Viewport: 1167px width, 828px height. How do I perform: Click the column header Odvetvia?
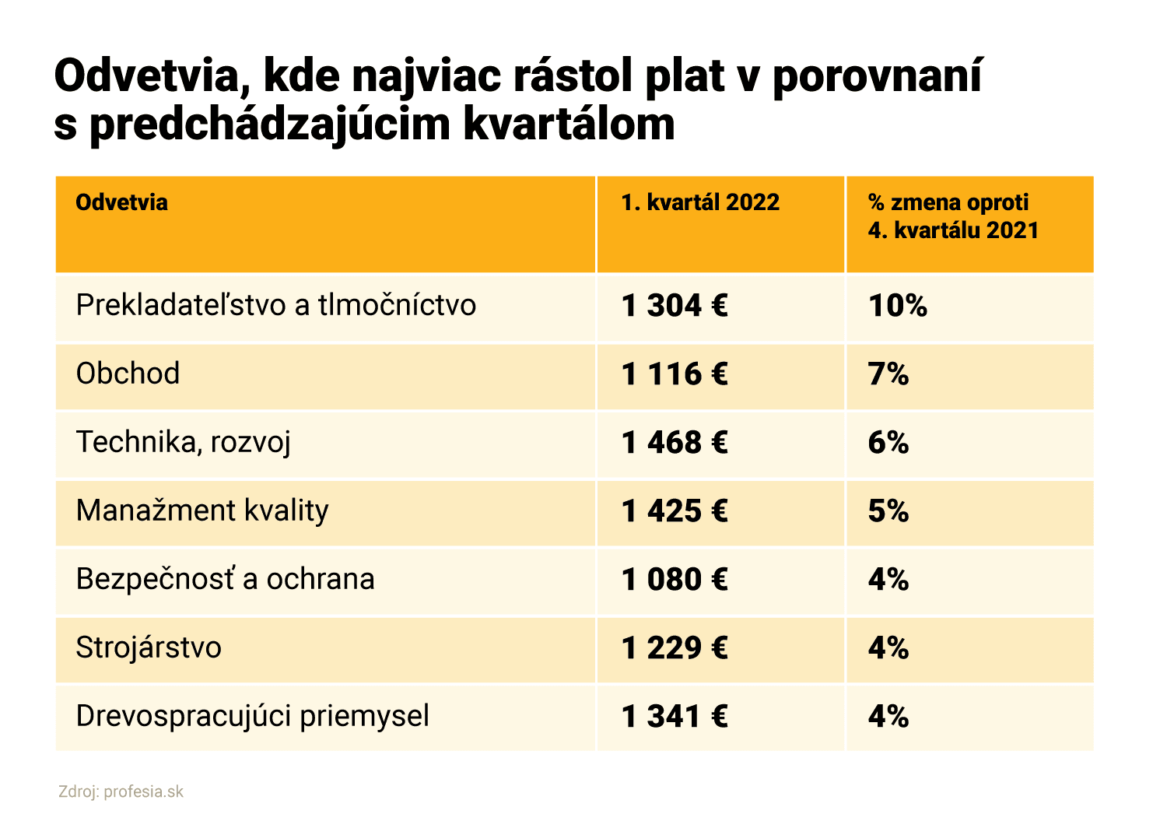pos(121,202)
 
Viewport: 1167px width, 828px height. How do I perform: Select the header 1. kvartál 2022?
pos(699,202)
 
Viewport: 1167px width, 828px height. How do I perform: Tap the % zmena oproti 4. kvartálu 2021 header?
pos(952,216)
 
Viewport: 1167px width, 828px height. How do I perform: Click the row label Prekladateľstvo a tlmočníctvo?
pos(275,305)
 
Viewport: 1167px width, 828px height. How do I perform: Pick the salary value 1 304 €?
pos(675,306)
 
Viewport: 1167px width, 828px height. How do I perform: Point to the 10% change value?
pos(897,306)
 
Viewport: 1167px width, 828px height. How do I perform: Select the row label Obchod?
pos(128,374)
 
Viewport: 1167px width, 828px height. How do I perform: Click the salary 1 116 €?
pos(675,374)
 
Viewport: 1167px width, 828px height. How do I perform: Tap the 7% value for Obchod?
pos(888,374)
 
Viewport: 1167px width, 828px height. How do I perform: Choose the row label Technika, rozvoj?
pos(183,442)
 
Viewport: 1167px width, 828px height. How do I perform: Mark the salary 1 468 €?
pos(675,443)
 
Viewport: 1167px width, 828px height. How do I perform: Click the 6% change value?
pos(888,443)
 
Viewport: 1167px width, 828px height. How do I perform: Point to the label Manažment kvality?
pos(202,510)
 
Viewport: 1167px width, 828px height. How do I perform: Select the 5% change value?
pos(888,511)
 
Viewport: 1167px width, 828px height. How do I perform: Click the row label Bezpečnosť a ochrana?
pos(225,579)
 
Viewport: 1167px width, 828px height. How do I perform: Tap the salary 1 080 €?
pos(675,580)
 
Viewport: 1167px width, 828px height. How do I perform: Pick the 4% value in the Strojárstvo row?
pos(888,648)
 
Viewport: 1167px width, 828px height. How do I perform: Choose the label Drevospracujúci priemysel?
pos(252,716)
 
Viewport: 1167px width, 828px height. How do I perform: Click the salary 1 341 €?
pos(675,717)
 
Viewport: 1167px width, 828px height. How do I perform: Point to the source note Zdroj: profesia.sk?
pos(121,792)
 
